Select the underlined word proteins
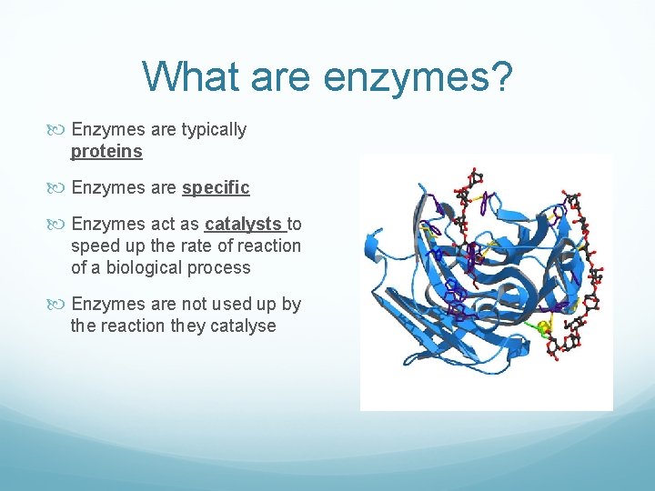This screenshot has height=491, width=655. [x=106, y=152]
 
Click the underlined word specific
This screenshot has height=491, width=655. [x=216, y=188]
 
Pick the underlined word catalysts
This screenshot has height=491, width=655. [x=244, y=224]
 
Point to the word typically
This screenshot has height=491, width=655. [x=214, y=130]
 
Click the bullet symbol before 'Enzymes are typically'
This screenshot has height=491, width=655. [x=60, y=130]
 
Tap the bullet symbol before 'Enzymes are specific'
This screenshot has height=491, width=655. [x=60, y=188]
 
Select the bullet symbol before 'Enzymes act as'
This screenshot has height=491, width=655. [x=60, y=224]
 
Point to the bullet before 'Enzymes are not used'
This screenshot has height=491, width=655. [x=60, y=304]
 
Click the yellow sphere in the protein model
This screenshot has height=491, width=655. [x=545, y=328]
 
